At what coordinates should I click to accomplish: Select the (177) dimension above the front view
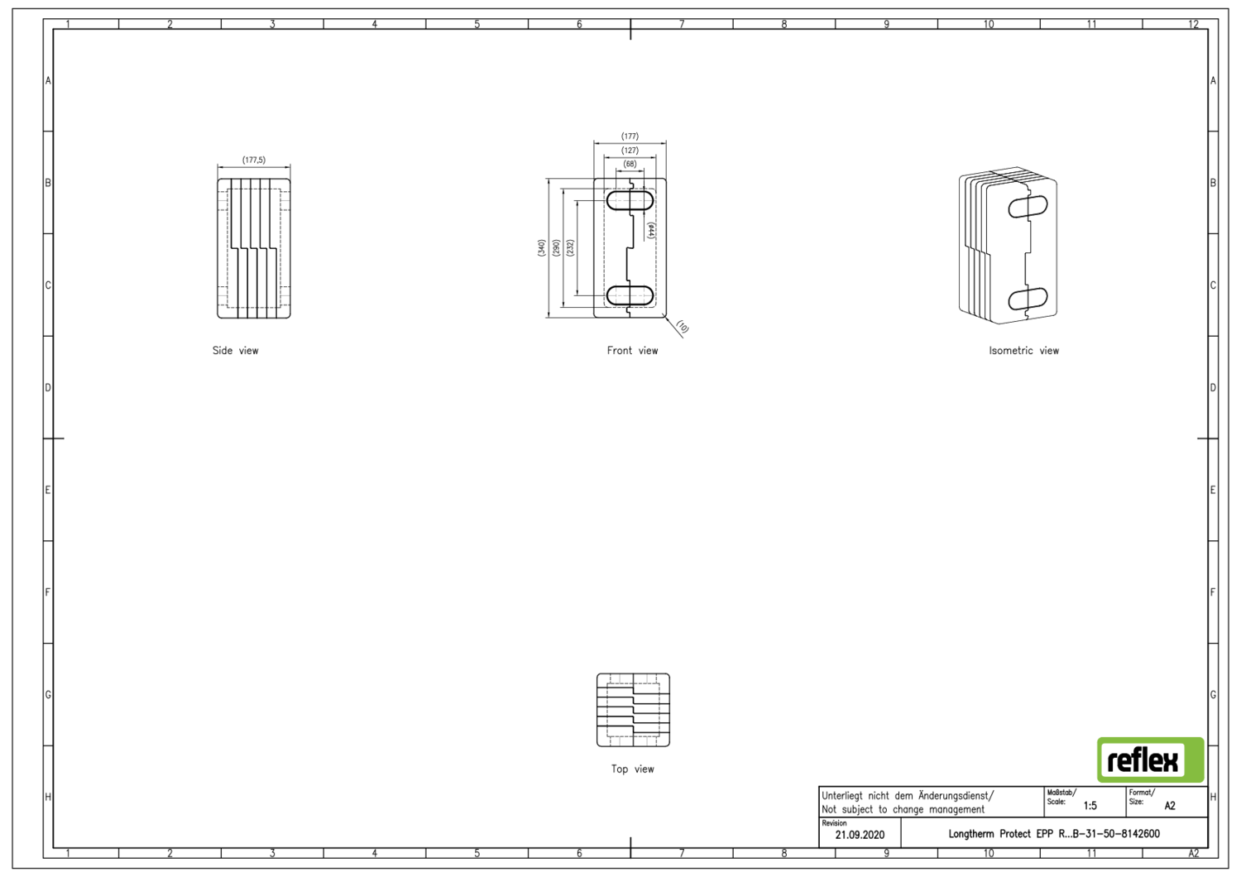(630, 137)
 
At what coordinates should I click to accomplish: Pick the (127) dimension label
(630, 151)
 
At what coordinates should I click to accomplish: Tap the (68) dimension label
(630, 164)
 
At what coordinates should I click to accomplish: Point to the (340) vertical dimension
(541, 247)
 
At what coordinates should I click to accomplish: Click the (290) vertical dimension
(556, 247)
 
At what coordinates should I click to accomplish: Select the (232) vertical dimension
(570, 247)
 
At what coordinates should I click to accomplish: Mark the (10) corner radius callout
(683, 328)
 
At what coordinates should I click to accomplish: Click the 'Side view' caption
(236, 351)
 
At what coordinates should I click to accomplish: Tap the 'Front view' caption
(632, 351)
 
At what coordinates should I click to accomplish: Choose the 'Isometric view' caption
(1024, 351)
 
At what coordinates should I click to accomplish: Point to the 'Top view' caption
(633, 769)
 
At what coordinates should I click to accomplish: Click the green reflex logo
(1151, 760)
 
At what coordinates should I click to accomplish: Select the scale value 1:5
(1090, 806)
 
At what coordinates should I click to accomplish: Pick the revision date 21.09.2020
(860, 835)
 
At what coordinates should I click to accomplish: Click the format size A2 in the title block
(1170, 806)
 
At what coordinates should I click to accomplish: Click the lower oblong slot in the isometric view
(1028, 300)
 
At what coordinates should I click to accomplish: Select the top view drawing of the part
(633, 710)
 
